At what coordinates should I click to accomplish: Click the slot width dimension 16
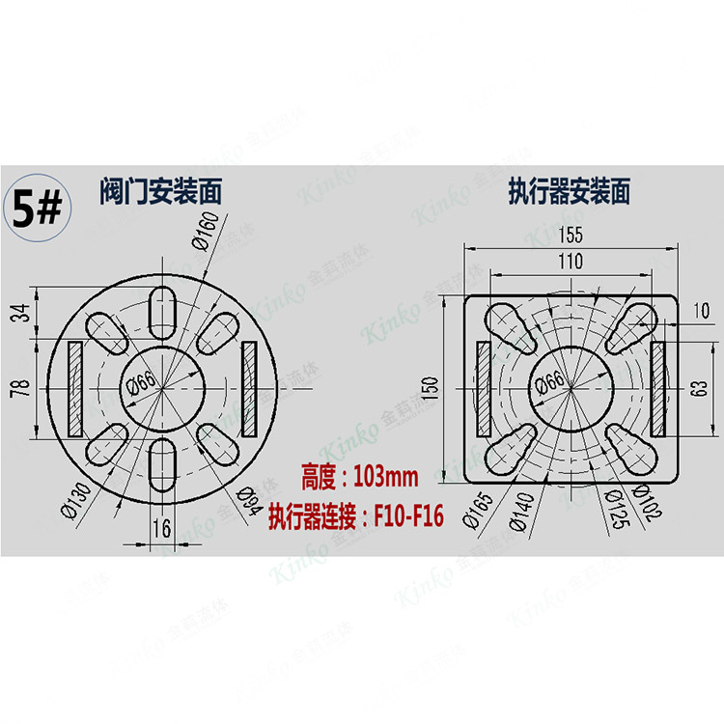coord(161,528)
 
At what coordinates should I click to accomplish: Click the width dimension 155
coord(570,235)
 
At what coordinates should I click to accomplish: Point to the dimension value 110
coord(570,261)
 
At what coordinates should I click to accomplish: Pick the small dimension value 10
coord(701,310)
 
